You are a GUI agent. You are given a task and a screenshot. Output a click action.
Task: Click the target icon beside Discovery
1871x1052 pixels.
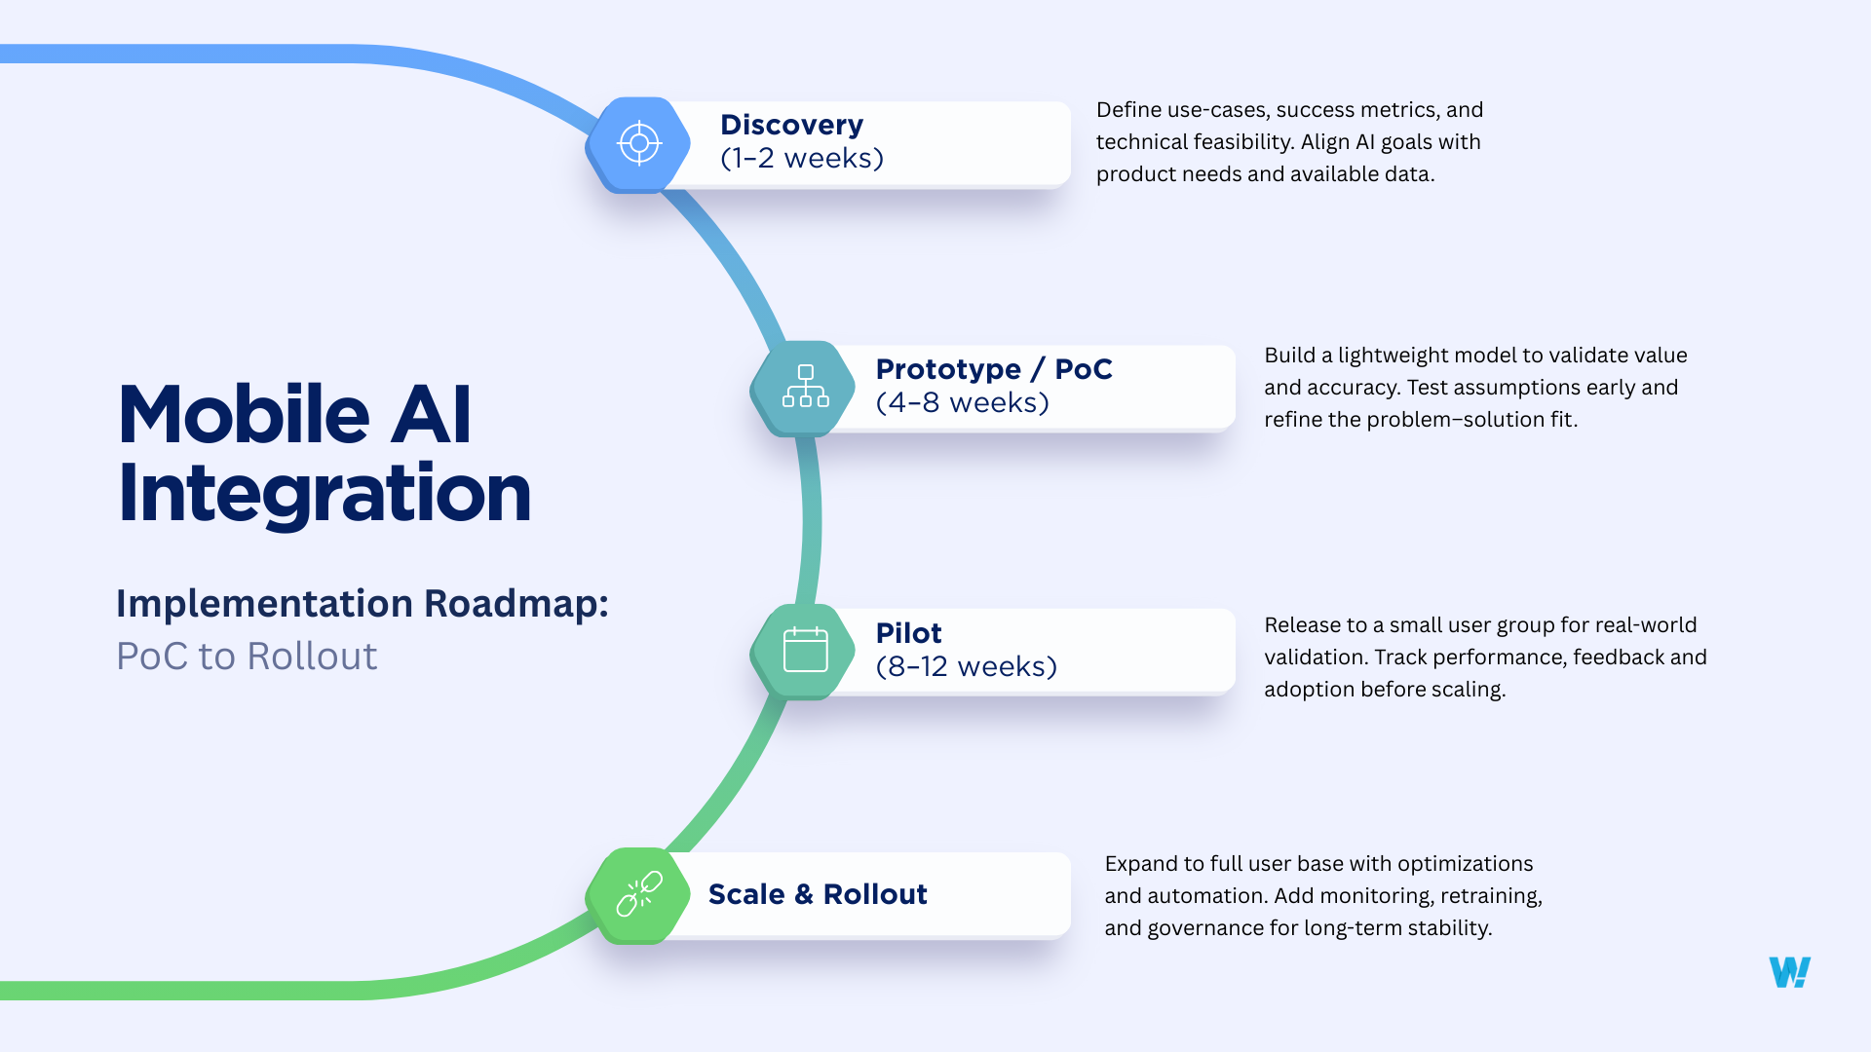[639, 144]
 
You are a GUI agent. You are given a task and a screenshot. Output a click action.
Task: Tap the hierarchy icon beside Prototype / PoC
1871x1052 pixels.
[805, 388]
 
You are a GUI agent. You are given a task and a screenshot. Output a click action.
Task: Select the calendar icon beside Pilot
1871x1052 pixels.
[805, 651]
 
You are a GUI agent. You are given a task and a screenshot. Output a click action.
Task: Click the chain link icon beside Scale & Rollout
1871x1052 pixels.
[639, 894]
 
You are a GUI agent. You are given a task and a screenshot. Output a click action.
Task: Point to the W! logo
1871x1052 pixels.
[1789, 972]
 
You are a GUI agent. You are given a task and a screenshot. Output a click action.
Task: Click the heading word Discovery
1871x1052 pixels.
[791, 126]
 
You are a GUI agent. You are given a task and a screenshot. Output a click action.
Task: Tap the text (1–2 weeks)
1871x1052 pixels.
[801, 159]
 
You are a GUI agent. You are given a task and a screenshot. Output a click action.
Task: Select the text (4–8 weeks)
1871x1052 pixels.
[962, 403]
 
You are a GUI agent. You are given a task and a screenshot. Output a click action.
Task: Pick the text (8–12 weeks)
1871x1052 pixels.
[966, 667]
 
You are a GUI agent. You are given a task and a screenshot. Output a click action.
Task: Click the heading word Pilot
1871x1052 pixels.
[908, 634]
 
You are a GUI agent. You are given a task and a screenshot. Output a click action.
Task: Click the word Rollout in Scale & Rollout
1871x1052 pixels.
[874, 894]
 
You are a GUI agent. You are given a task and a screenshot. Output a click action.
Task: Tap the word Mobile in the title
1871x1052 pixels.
[244, 415]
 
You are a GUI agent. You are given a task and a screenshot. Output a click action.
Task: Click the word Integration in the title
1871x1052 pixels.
[324, 495]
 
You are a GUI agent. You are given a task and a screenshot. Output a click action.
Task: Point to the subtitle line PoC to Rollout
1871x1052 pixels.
[247, 657]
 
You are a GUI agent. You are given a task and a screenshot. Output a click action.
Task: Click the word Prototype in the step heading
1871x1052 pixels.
[947, 370]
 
